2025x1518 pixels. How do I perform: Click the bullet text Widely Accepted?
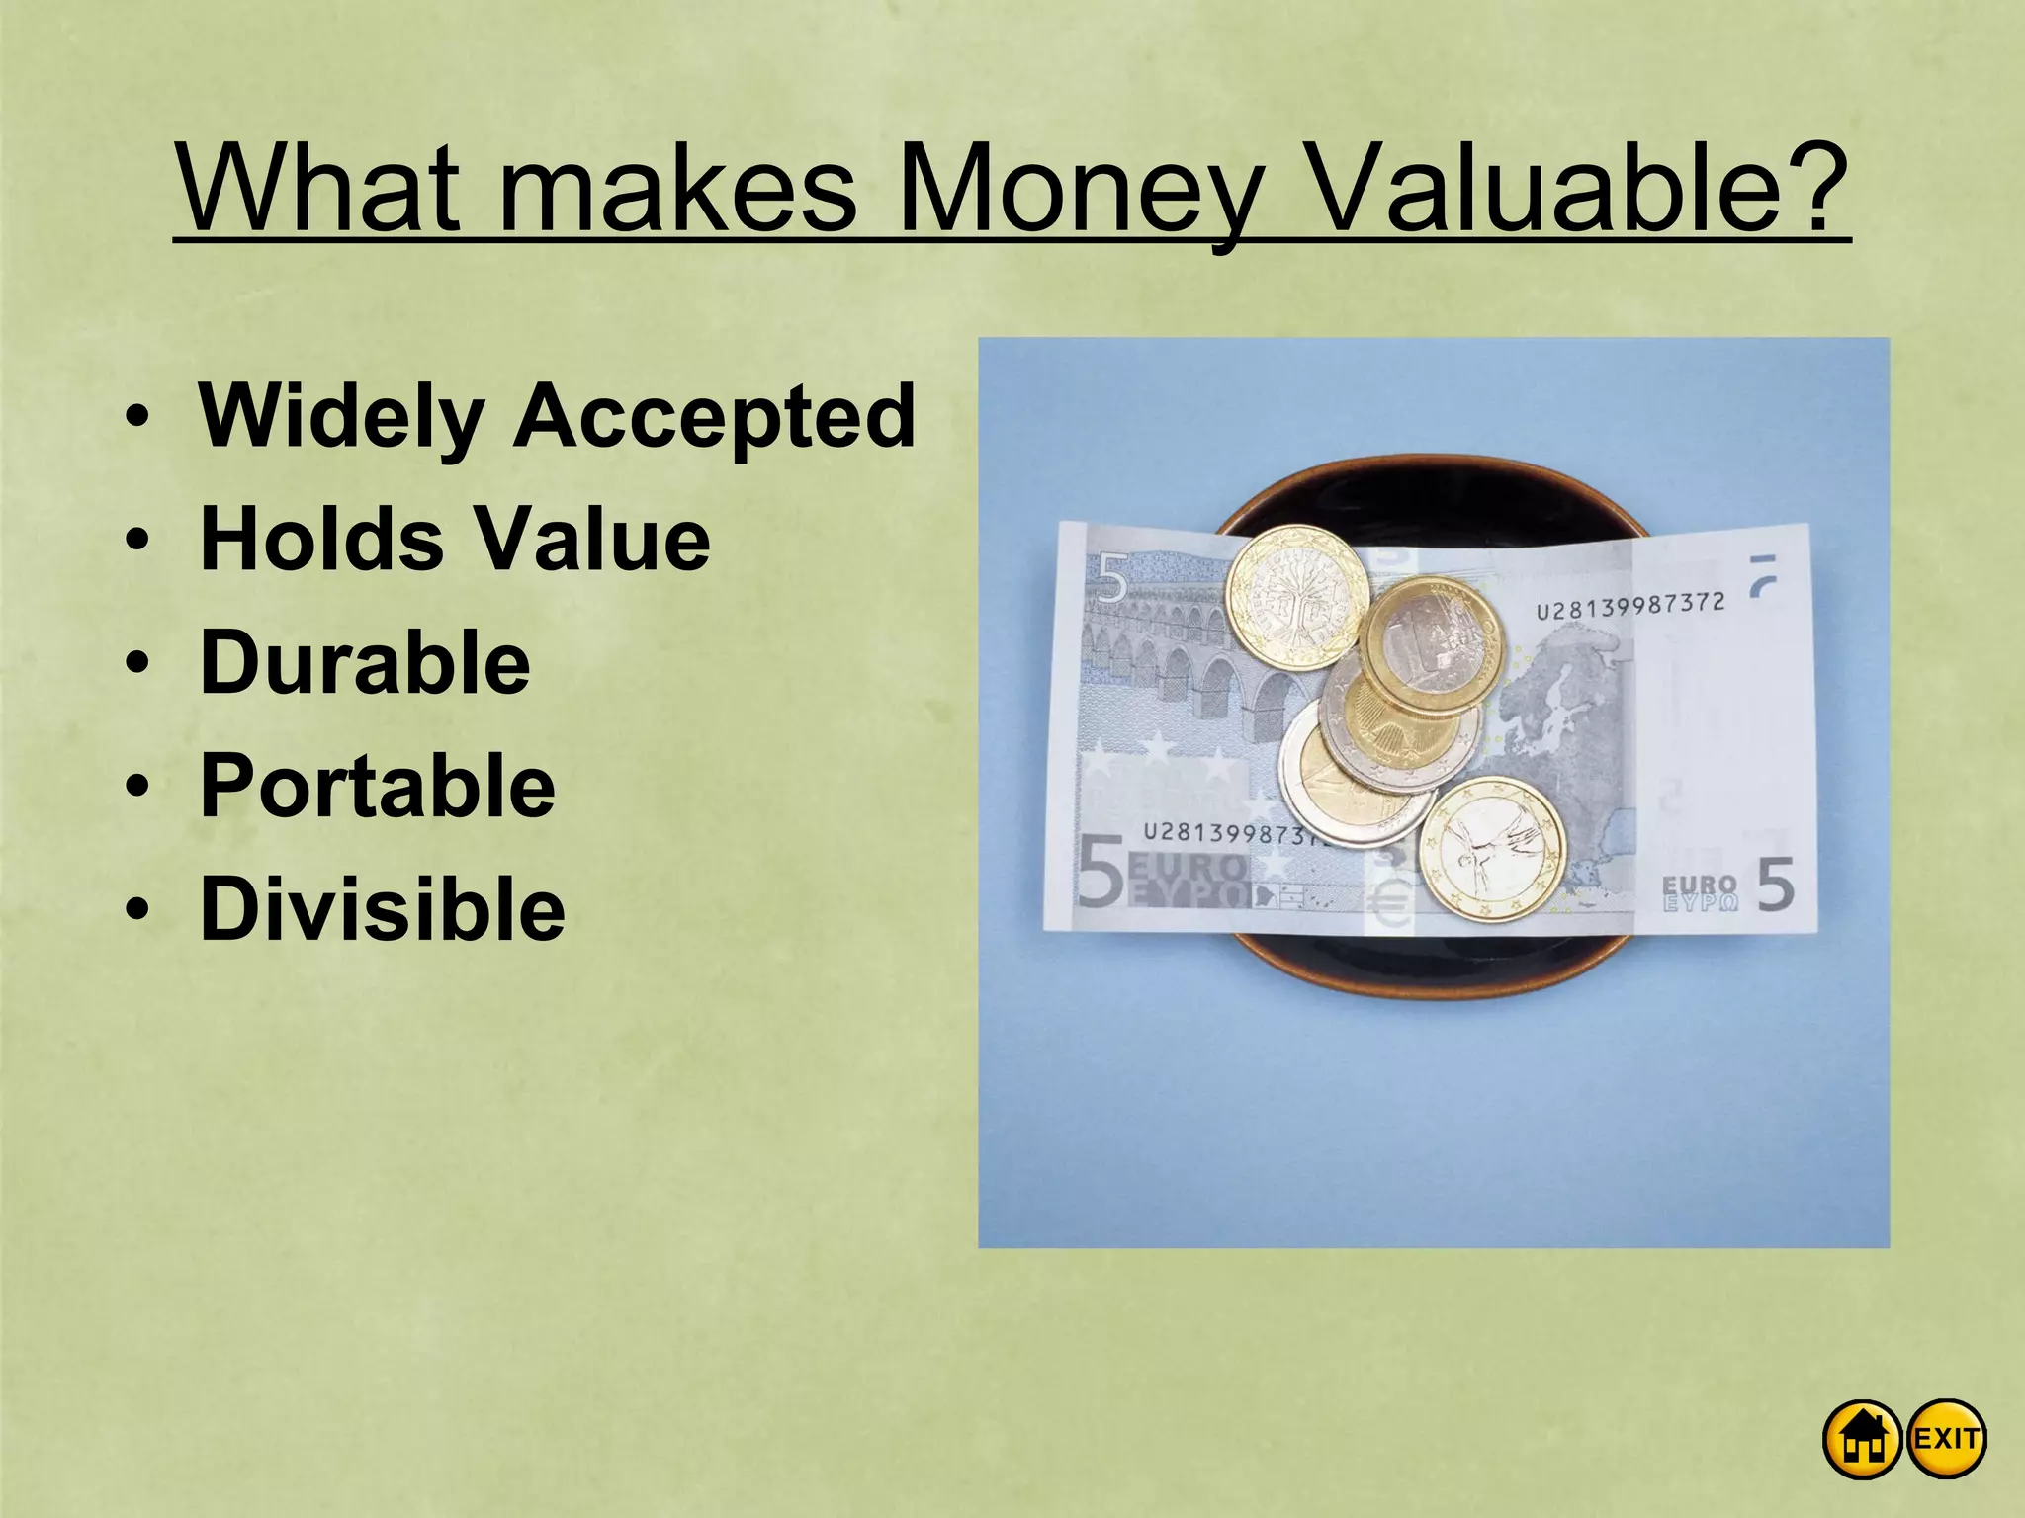coord(557,416)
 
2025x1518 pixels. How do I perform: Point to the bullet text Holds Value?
coord(455,540)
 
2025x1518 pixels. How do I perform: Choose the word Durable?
coord(365,662)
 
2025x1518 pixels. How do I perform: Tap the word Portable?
coord(377,786)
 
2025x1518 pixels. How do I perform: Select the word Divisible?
coord(382,909)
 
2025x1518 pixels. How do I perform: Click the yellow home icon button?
coord(1862,1439)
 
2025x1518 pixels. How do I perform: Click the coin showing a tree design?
coord(1296,597)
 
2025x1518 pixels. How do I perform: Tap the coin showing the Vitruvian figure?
coord(1492,849)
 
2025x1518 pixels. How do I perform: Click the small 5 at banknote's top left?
coord(1111,578)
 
